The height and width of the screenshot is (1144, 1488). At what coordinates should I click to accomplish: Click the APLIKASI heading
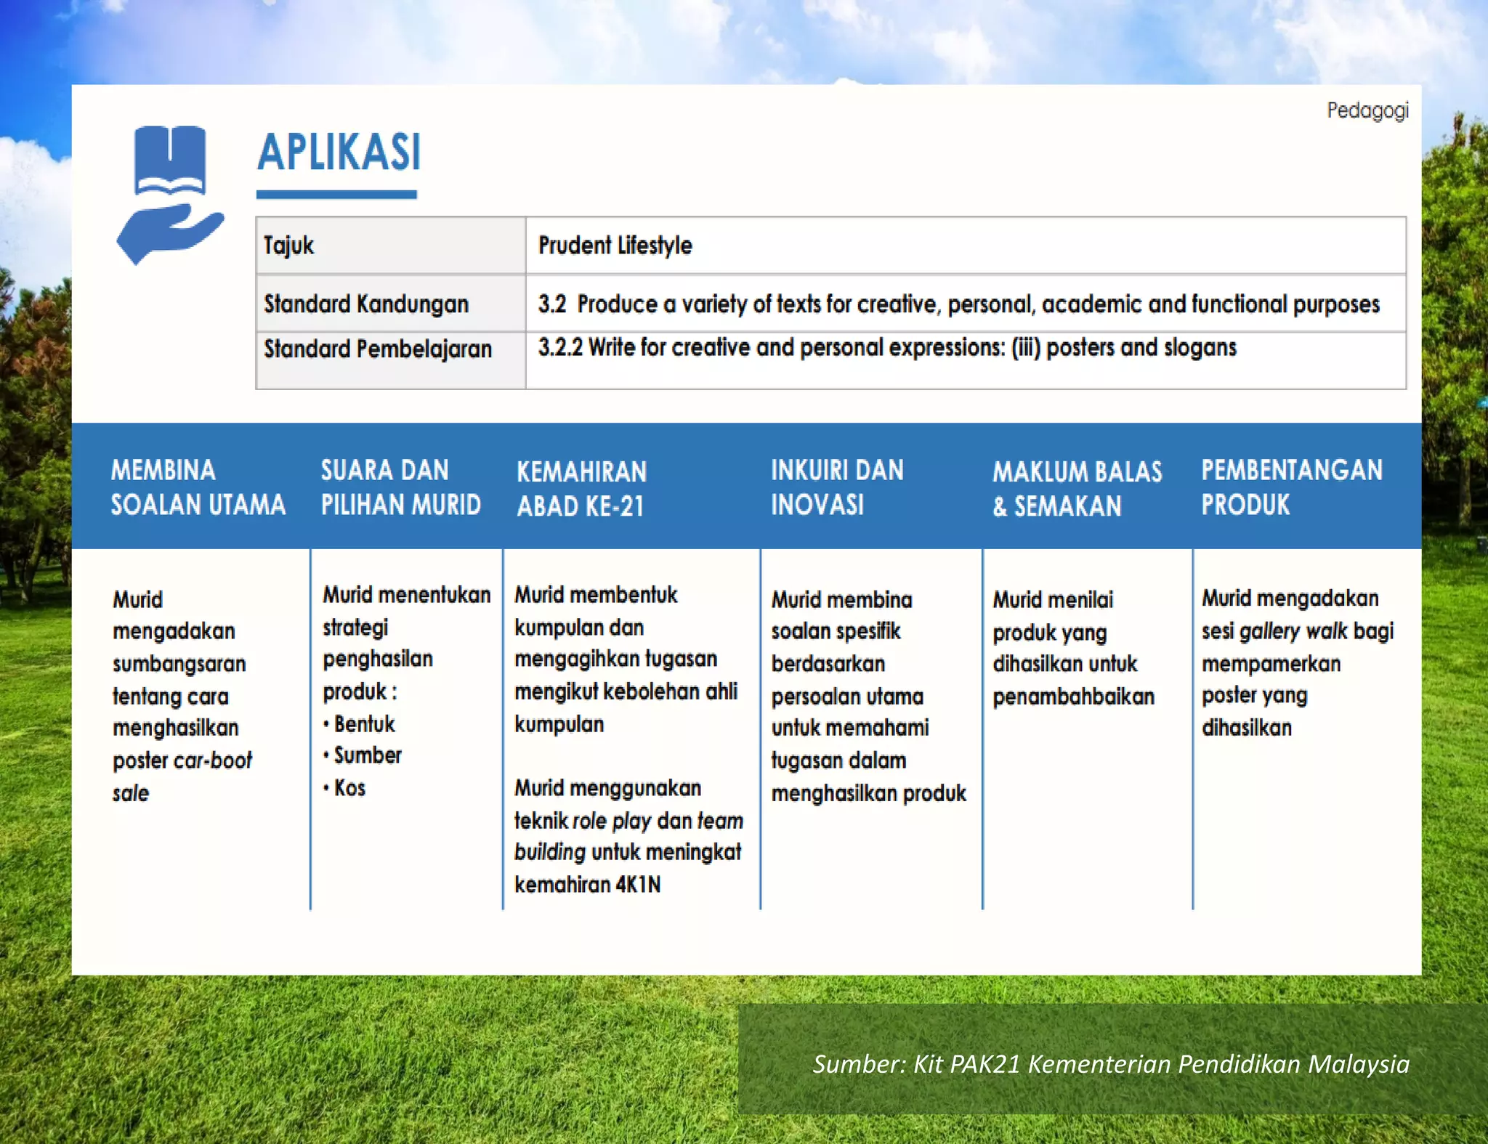coord(339,153)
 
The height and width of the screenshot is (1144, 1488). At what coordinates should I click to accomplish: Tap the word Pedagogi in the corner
coord(1367,110)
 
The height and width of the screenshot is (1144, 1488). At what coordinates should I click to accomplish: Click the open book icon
coord(169,161)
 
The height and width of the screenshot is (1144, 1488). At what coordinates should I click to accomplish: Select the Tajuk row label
coord(288,246)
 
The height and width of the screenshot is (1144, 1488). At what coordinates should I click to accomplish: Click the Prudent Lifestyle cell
coord(615,246)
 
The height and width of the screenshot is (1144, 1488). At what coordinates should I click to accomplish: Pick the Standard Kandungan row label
coord(365,304)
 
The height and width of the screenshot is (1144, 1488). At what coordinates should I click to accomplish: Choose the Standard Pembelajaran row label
coord(377,349)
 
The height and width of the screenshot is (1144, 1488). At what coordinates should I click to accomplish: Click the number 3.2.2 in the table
coord(560,347)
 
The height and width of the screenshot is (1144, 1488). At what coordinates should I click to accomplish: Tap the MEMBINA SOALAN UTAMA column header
coord(198,487)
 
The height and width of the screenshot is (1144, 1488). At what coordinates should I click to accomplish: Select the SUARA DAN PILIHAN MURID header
coord(400,487)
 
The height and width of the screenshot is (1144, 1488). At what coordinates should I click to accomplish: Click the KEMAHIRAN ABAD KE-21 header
coord(581,489)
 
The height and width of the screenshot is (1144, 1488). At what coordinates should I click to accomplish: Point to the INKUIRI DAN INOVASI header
coord(837,487)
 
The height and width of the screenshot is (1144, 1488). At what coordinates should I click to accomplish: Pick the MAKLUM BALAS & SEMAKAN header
coord(1077,489)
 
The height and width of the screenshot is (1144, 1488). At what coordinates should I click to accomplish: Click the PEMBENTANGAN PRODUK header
coord(1291,487)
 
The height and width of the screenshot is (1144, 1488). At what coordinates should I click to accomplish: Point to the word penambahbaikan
coord(1073,697)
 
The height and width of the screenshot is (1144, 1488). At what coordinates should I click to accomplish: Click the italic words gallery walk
coord(1293,631)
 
